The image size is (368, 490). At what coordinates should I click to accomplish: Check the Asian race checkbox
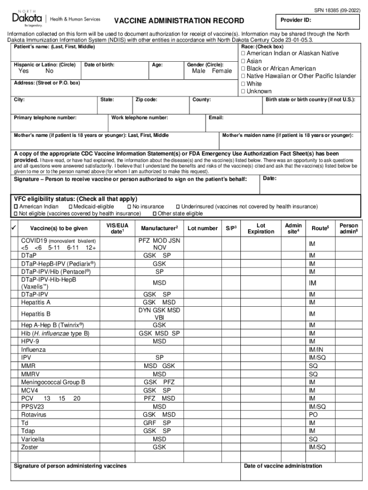click(x=243, y=61)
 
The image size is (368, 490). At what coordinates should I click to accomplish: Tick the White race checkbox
click(x=243, y=84)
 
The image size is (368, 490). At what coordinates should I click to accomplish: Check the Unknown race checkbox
click(x=243, y=91)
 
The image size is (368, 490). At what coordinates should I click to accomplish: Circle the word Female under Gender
click(x=221, y=71)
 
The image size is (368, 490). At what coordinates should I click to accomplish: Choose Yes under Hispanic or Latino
click(x=23, y=71)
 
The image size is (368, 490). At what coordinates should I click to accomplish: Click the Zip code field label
click(x=147, y=100)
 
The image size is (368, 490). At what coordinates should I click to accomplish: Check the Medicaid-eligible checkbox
click(x=70, y=207)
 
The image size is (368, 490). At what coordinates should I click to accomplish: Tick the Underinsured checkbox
click(x=177, y=207)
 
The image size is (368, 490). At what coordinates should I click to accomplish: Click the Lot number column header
click(x=203, y=228)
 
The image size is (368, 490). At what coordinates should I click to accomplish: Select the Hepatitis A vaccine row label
click(x=36, y=302)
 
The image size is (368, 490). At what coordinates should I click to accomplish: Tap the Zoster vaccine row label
click(x=30, y=447)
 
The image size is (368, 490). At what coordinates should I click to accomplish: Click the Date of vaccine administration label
click(x=283, y=466)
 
